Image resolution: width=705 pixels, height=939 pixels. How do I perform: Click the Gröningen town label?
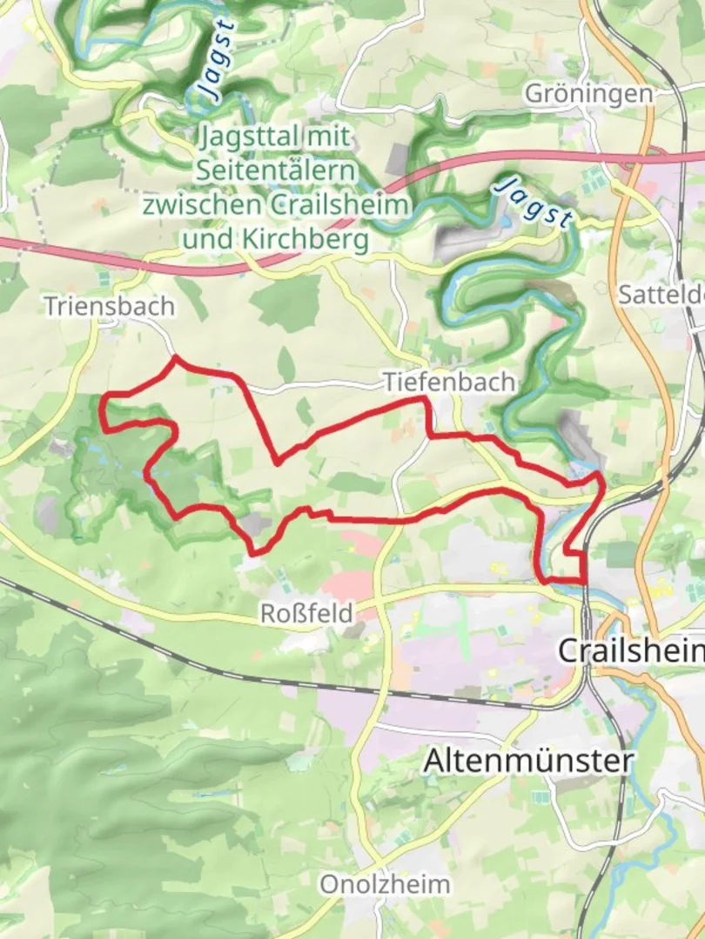click(x=588, y=94)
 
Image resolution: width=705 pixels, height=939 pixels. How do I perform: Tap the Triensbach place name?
click(x=111, y=307)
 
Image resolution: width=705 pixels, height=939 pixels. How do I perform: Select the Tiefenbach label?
click(x=449, y=382)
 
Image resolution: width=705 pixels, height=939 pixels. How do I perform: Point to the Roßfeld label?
click(x=307, y=614)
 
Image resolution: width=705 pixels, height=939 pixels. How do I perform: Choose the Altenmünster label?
click(x=527, y=761)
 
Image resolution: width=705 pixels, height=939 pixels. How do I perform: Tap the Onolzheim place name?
click(x=385, y=885)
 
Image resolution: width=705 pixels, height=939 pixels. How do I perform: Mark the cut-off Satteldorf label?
click(x=661, y=295)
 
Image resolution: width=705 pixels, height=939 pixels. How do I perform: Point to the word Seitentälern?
click(x=274, y=170)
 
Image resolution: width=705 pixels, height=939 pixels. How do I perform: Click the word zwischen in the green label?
click(x=206, y=205)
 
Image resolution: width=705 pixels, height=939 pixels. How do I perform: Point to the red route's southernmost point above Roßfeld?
click(x=253, y=553)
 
